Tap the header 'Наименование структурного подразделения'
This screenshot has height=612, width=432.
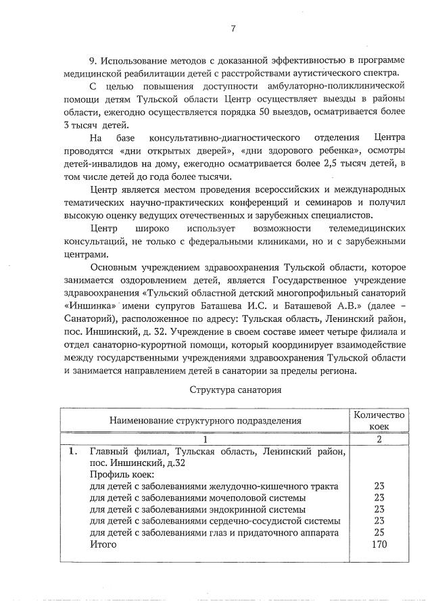(x=206, y=421)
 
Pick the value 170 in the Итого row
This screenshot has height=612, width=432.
(x=379, y=544)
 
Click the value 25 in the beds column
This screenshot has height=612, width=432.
(x=379, y=533)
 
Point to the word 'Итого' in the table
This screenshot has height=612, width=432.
(x=103, y=544)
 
